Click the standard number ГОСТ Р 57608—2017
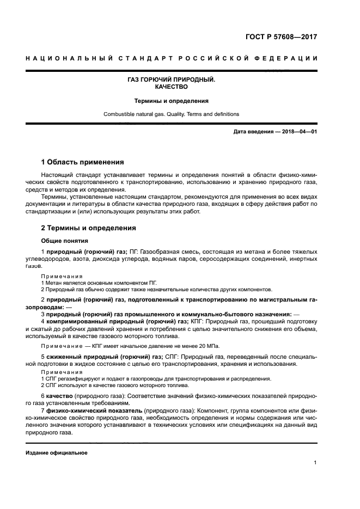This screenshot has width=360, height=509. [281, 38]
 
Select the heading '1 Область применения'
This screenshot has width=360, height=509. [82, 162]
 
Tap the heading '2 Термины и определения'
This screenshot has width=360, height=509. [88, 228]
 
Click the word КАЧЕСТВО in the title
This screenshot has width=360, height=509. [171, 87]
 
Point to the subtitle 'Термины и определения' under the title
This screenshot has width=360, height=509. [171, 101]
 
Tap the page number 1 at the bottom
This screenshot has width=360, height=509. [315, 463]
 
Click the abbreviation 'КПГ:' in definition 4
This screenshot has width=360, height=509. [197, 322]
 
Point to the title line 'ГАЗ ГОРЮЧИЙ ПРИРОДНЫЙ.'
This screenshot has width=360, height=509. [171, 79]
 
